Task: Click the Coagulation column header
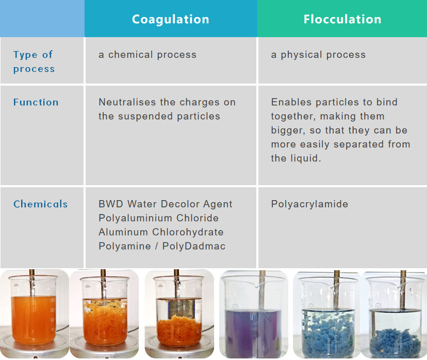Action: point(170,20)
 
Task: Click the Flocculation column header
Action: point(342,20)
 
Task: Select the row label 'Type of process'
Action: point(34,61)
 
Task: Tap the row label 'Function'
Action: point(36,102)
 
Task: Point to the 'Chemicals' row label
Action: point(40,204)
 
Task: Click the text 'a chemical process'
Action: point(147,55)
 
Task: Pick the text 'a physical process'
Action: point(318,55)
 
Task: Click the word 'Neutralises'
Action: point(124,102)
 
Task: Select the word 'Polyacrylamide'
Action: point(309,204)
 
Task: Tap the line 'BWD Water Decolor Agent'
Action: point(165,204)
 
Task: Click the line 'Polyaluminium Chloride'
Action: point(158,218)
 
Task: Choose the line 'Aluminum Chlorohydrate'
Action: point(160,232)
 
